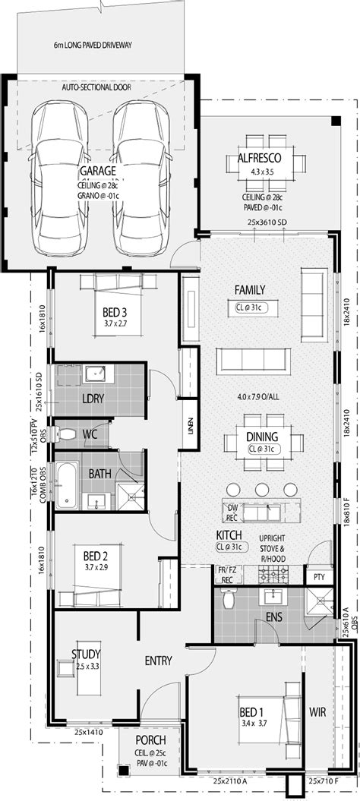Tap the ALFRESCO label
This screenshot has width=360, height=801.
pos(260,158)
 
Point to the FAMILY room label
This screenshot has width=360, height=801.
pos(249,289)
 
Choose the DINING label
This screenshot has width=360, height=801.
pos(261,437)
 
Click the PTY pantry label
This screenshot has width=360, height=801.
pos(319,576)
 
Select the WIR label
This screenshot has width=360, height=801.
pos(317,712)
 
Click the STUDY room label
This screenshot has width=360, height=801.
pos(87,654)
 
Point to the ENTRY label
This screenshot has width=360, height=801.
pos(158,661)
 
